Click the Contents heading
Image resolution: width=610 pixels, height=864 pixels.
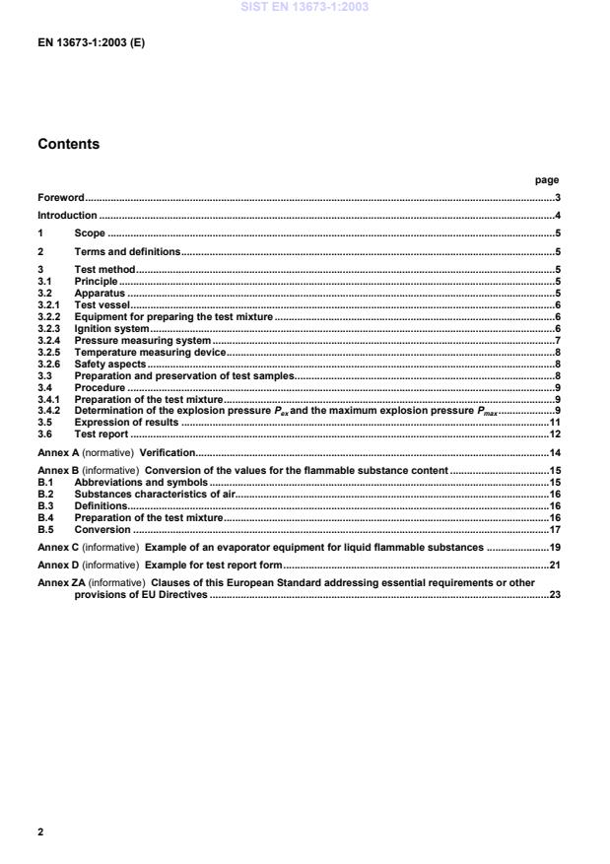(x=68, y=144)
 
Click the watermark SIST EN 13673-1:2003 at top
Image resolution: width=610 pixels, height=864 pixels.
(x=305, y=8)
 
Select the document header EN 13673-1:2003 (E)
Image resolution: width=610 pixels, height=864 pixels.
(x=91, y=44)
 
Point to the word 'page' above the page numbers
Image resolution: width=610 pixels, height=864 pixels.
(x=547, y=180)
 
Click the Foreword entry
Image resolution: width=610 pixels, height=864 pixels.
(x=61, y=198)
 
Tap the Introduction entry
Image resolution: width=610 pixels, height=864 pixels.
(x=67, y=216)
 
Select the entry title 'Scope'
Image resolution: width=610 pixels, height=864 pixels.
(x=90, y=233)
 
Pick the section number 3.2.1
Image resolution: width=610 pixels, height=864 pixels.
(x=50, y=305)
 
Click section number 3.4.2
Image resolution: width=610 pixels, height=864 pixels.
(x=50, y=411)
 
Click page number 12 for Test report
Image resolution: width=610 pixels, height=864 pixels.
(x=555, y=434)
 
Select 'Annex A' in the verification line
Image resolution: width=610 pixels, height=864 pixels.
(x=58, y=452)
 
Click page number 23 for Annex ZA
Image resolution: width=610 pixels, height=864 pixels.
(x=555, y=595)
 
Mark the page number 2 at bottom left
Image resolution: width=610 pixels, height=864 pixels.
(x=40, y=831)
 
